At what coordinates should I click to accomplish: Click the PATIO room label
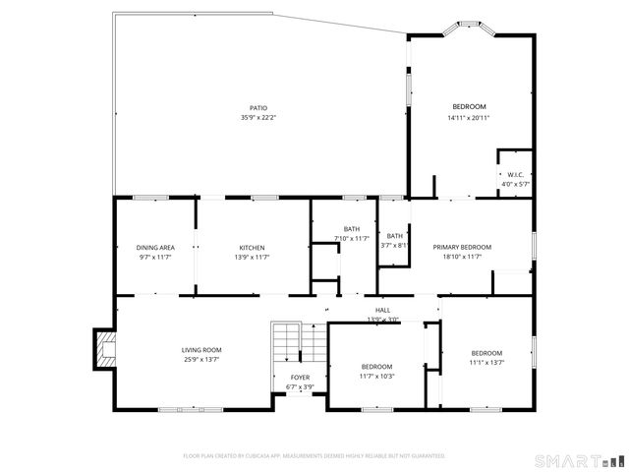[258, 108]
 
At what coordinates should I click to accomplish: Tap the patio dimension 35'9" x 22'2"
[258, 118]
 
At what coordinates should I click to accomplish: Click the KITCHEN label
[252, 248]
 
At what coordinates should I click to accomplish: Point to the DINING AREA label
[155, 248]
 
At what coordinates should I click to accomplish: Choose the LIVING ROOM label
[200, 350]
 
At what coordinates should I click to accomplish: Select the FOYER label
[300, 378]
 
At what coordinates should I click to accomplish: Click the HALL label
[382, 310]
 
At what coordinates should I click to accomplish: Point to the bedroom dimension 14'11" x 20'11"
[468, 118]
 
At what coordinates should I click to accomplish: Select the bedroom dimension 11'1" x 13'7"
[486, 362]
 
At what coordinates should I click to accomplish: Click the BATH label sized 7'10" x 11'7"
[351, 228]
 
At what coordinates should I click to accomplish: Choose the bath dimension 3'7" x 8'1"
[394, 245]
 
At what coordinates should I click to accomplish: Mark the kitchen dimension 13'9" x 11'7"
[252, 258]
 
